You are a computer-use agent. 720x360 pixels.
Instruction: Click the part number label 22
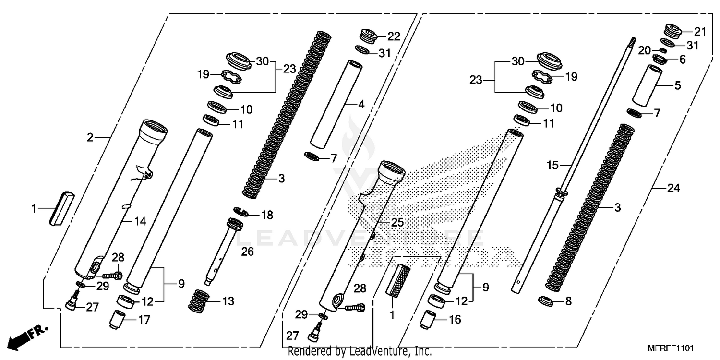pos(394,36)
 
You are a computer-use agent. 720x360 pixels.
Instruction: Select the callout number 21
pos(700,32)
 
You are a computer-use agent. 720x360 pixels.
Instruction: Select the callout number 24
pos(674,189)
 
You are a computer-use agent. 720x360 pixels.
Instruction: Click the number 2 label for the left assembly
pos(90,138)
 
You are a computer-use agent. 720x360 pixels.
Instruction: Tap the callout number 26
pos(247,252)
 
